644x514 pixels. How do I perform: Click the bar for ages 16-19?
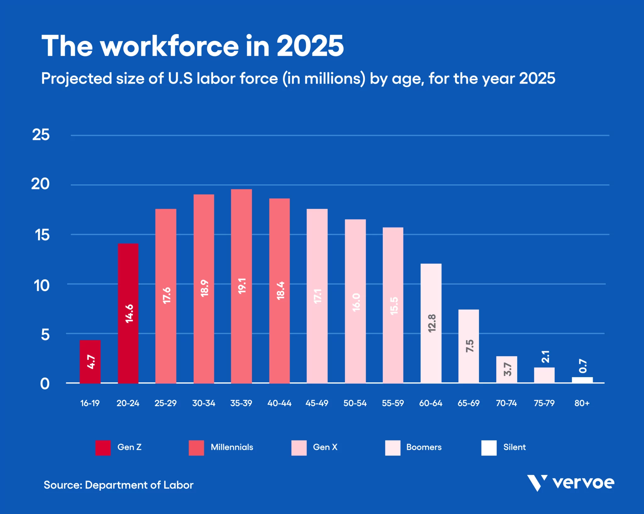(x=90, y=362)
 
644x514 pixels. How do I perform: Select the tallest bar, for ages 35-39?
(x=241, y=286)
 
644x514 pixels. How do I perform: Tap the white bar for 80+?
(x=582, y=380)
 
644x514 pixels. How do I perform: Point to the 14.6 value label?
(x=129, y=313)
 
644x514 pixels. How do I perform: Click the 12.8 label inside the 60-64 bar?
(x=432, y=323)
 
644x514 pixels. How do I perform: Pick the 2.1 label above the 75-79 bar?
(x=545, y=357)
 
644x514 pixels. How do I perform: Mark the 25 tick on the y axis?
(x=41, y=135)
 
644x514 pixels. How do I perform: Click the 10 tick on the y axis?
(x=42, y=286)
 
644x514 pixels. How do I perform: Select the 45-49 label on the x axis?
(x=317, y=403)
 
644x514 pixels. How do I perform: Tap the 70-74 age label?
(x=506, y=403)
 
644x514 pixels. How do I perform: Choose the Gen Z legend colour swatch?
(x=103, y=448)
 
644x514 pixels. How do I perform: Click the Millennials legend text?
(x=232, y=447)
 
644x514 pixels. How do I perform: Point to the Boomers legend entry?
(x=424, y=447)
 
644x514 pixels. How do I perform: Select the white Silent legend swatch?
(x=489, y=448)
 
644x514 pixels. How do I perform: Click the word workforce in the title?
(x=169, y=46)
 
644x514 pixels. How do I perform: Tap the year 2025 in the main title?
(x=310, y=46)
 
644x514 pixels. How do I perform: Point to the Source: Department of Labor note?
(x=119, y=485)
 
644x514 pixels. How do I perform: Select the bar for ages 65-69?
(x=468, y=346)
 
